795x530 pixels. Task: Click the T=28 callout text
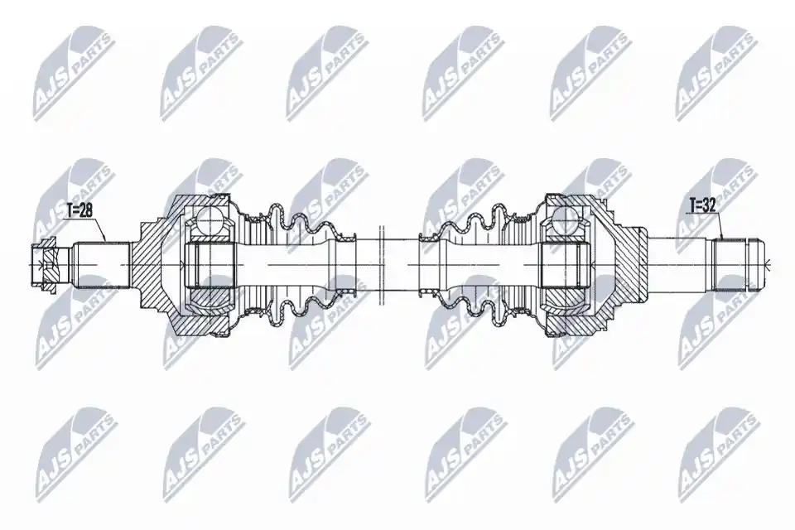click(79, 210)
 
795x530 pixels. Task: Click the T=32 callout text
click(702, 206)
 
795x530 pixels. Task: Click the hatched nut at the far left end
click(44, 265)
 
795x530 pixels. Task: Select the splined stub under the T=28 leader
click(101, 265)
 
